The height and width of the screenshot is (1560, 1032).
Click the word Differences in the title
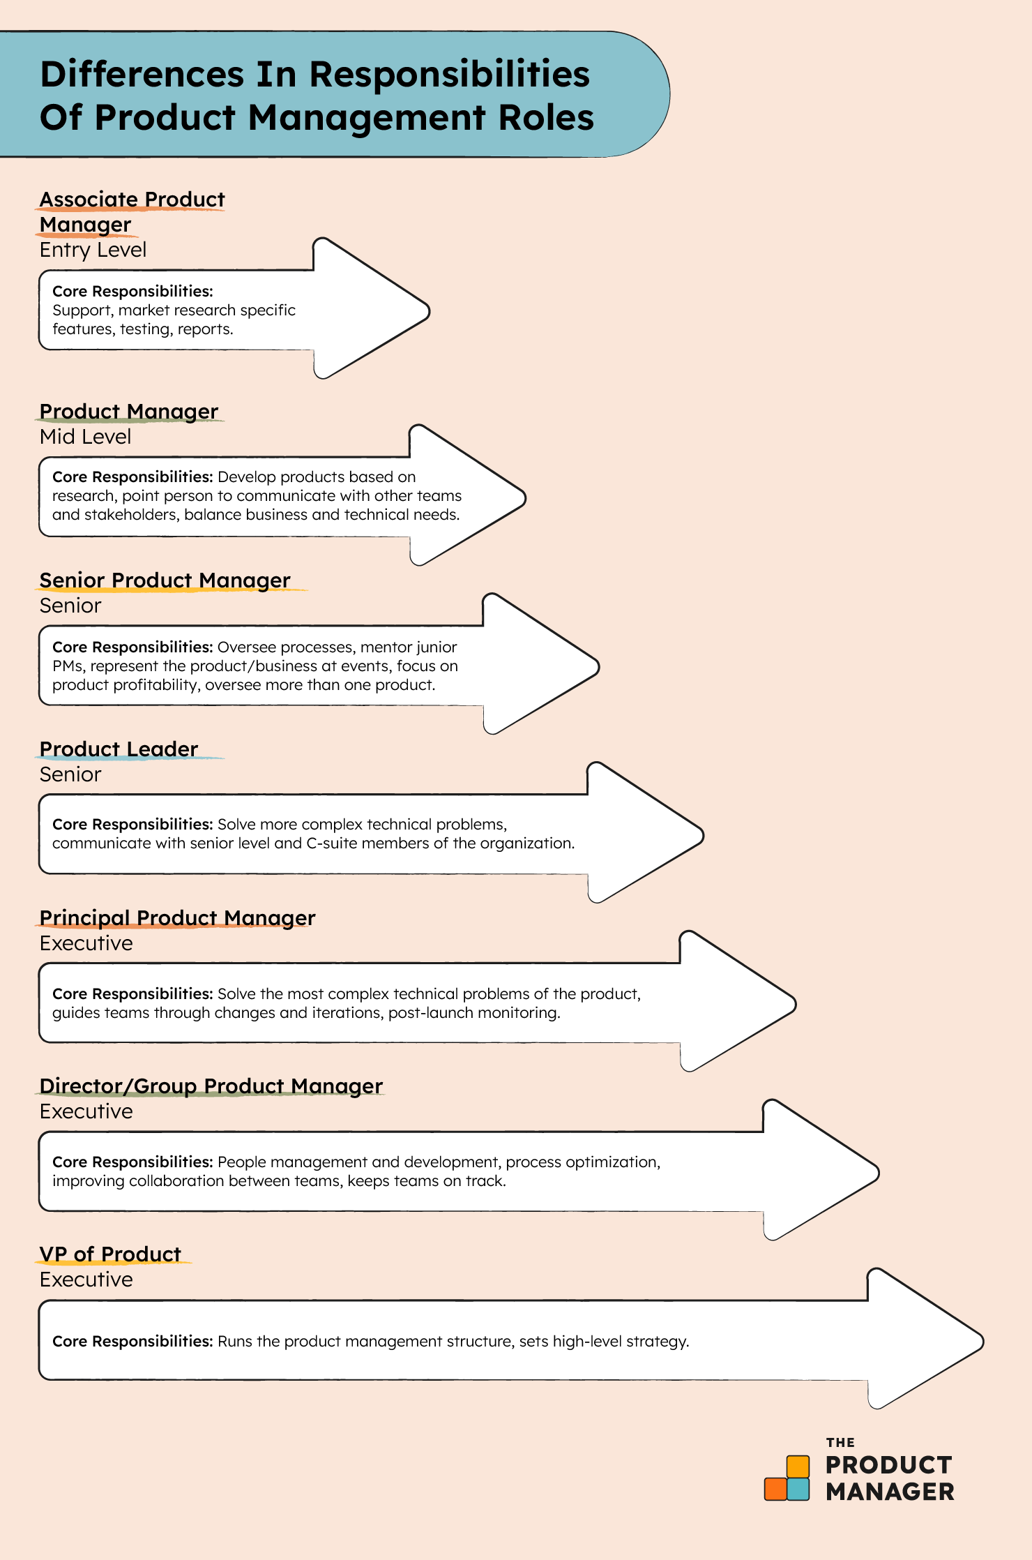[x=142, y=74]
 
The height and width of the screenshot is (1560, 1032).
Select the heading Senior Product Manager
[x=165, y=580]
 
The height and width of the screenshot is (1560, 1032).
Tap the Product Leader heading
[x=119, y=749]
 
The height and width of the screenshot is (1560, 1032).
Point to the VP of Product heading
[x=110, y=1254]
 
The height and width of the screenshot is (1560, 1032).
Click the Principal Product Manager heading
[x=177, y=918]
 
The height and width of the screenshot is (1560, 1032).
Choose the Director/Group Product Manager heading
[x=211, y=1086]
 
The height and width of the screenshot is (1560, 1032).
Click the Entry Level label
[x=93, y=250]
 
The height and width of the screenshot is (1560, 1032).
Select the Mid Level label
[x=85, y=437]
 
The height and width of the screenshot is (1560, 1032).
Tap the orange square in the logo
[x=775, y=1489]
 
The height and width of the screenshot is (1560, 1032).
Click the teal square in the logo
[x=798, y=1489]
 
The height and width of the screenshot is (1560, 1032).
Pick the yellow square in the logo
[x=798, y=1467]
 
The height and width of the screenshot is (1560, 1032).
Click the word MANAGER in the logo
[x=890, y=1492]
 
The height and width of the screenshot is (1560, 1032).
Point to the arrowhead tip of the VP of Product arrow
[x=982, y=1340]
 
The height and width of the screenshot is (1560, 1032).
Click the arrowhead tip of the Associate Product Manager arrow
[x=429, y=310]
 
